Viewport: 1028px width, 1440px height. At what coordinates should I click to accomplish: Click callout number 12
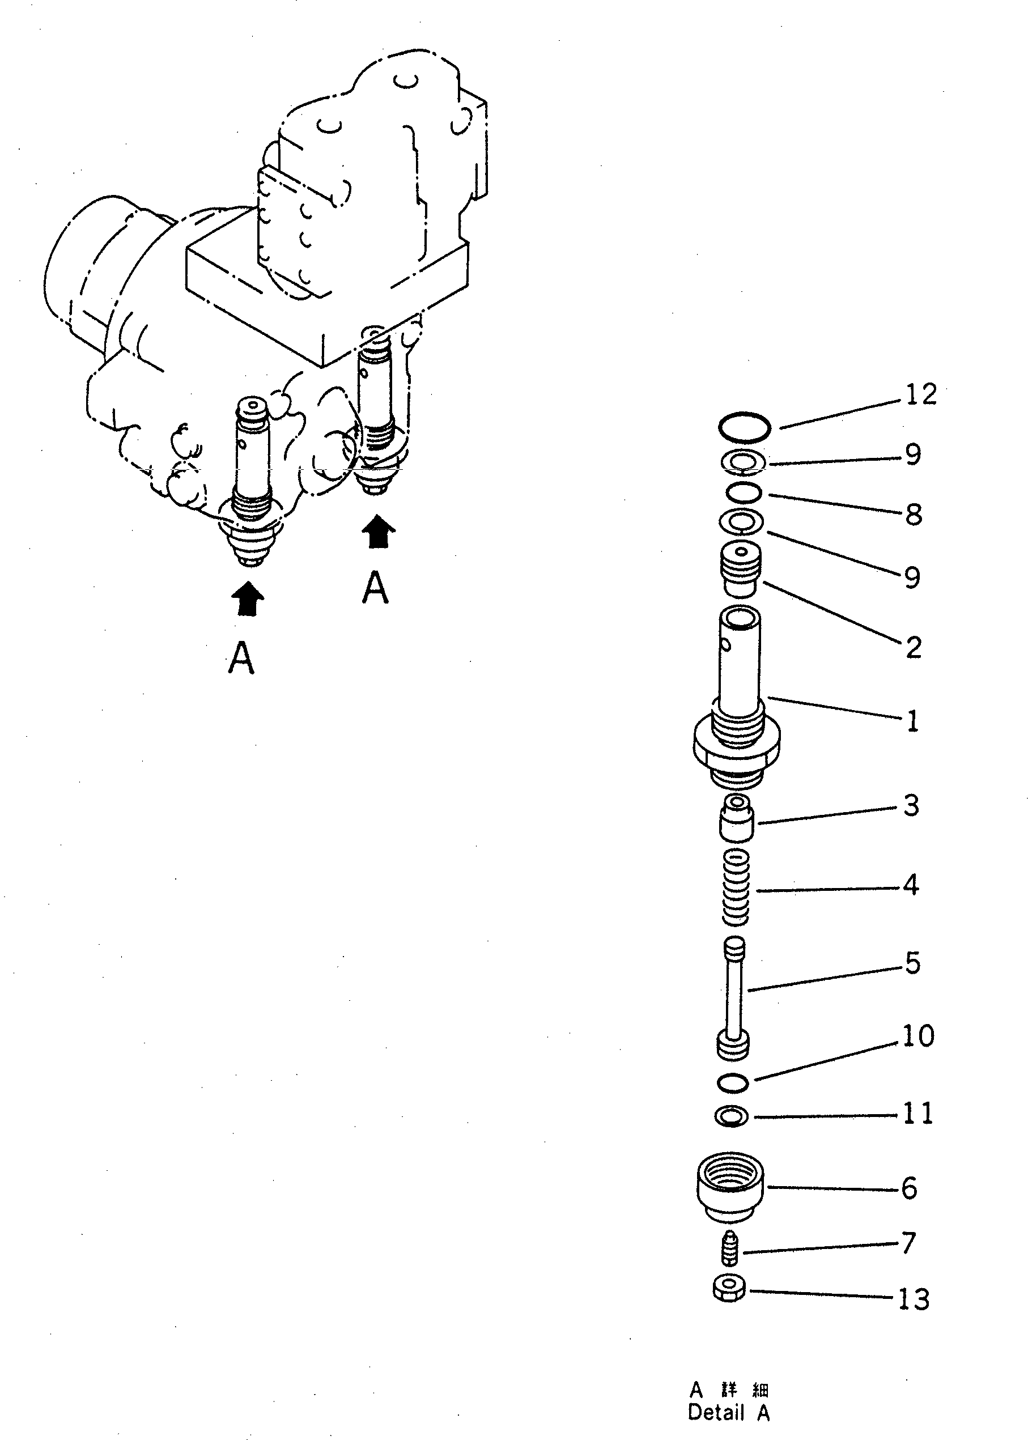[920, 394]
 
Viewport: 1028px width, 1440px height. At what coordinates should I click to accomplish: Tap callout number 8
[913, 514]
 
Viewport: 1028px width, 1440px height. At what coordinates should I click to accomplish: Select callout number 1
[912, 721]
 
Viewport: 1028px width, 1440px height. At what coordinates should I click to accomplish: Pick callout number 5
[912, 962]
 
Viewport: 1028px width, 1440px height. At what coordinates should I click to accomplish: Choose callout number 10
[918, 1036]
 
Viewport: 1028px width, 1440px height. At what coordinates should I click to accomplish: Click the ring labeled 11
[731, 1116]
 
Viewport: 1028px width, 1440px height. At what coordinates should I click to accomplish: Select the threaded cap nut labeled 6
[730, 1188]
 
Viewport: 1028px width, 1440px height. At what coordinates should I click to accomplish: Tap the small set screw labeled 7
[730, 1248]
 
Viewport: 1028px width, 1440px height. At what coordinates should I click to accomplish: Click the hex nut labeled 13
[729, 1289]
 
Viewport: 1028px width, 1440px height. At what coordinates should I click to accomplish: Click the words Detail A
[729, 1412]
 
